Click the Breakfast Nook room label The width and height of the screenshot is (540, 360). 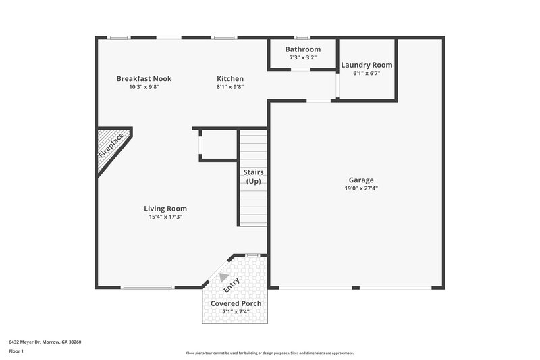click(144, 79)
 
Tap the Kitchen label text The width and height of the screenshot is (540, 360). click(230, 79)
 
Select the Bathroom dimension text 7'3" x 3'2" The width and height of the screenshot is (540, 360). click(302, 57)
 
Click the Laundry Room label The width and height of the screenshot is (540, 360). click(367, 66)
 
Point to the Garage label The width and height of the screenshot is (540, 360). click(361, 180)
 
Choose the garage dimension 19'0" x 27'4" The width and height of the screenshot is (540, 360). click(361, 188)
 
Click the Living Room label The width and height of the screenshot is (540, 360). click(165, 209)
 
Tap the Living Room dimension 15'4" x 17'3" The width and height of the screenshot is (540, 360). click(165, 217)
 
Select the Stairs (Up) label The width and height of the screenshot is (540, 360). click(253, 176)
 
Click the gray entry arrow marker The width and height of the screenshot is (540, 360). click(224, 276)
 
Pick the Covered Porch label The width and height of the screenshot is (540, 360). click(236, 303)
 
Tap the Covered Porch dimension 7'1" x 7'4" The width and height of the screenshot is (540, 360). click(236, 311)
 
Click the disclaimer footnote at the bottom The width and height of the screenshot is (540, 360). click(270, 353)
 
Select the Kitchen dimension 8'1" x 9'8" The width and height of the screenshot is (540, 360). click(230, 87)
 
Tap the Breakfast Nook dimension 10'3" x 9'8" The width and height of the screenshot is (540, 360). click(144, 87)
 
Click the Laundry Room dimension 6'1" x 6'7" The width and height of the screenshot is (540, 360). click(367, 74)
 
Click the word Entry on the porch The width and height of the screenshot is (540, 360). click(232, 284)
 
